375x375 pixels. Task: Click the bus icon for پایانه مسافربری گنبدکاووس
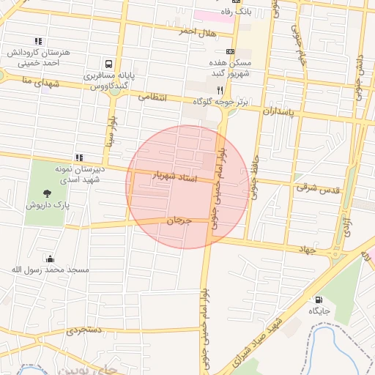(109, 64)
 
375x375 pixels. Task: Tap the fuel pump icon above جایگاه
(318, 300)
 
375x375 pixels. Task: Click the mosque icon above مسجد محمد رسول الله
(49, 259)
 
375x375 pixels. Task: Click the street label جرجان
(178, 220)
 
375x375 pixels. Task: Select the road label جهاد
(305, 250)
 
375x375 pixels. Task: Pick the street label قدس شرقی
(319, 189)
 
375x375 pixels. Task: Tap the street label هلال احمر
(198, 31)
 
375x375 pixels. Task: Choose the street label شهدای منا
(20, 82)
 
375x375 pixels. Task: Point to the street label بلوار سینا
(112, 132)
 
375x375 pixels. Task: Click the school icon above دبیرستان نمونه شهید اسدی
(78, 157)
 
